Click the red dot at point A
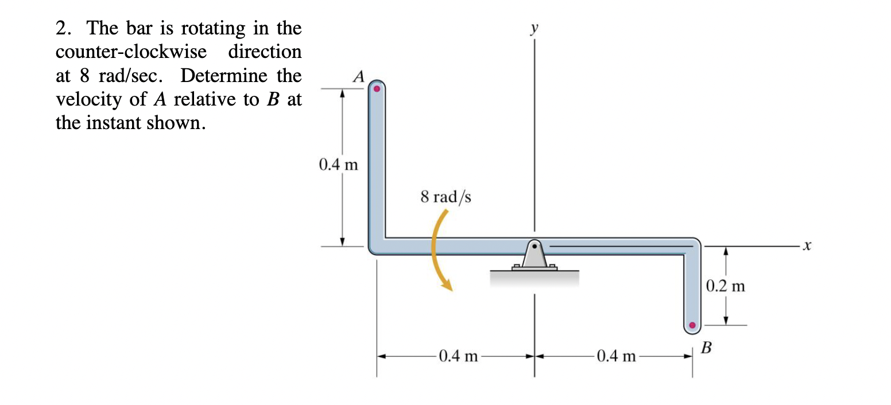377,89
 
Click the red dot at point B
692,325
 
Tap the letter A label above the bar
359,76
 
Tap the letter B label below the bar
707,347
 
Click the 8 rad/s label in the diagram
445,197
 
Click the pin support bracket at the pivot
534,255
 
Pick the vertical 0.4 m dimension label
338,166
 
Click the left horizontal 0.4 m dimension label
458,356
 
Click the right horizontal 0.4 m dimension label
616,356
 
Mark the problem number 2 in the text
63,28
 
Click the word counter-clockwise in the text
131,52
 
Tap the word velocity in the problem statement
90,99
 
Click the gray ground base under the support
534,278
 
